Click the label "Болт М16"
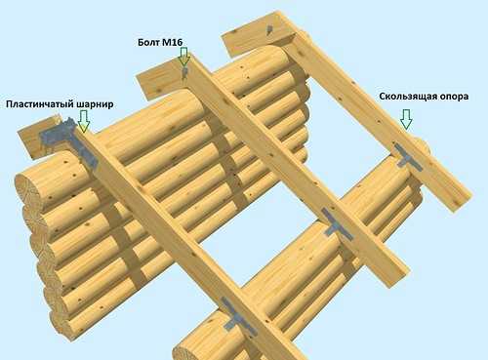click(160, 42)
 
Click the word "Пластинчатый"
click(40, 104)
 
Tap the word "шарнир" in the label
click(95, 104)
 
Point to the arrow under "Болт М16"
click(183, 58)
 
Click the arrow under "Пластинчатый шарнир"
click(84, 121)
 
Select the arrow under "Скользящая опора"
click(406, 120)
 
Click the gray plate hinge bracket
click(70, 140)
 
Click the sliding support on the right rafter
click(407, 157)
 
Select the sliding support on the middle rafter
click(337, 225)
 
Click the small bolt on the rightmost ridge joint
click(269, 29)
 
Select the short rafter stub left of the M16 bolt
click(159, 80)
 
